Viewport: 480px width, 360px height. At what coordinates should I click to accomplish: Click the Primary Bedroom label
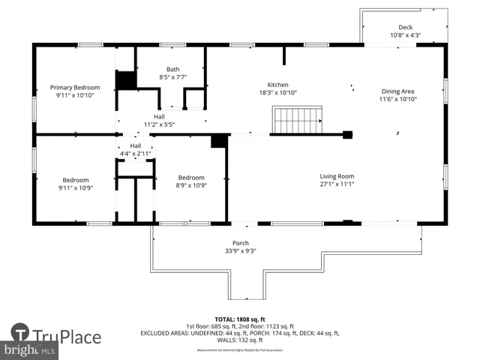click(75, 88)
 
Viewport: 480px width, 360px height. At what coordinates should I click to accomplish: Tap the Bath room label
click(172, 69)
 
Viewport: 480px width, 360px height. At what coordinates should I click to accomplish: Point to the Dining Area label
click(397, 91)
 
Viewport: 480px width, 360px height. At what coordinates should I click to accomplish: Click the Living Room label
click(337, 176)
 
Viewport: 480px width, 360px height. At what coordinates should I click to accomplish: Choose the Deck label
click(405, 27)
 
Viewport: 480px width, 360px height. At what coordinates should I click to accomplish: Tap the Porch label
click(241, 243)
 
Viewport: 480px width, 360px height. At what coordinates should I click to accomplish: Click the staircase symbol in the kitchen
click(298, 120)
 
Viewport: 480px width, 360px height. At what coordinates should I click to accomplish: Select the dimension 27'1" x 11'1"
click(337, 184)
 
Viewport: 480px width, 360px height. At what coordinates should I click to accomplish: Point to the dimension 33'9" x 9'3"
click(241, 251)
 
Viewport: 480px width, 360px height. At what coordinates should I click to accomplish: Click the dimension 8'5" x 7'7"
click(172, 77)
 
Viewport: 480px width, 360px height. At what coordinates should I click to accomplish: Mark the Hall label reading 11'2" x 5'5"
click(159, 120)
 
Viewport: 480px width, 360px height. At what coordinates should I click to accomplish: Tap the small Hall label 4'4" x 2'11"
click(136, 149)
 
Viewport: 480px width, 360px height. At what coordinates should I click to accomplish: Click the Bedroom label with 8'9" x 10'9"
click(190, 181)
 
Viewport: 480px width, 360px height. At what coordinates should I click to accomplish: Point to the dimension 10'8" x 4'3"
click(405, 35)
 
